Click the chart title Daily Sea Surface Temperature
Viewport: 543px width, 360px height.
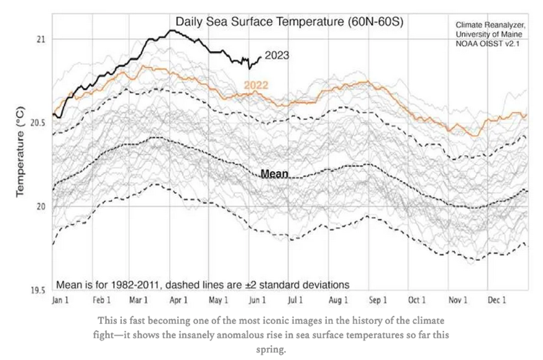pyautogui.click(x=289, y=22)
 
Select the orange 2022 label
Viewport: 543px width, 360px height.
pyautogui.click(x=256, y=85)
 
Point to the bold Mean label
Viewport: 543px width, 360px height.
pyautogui.click(x=274, y=174)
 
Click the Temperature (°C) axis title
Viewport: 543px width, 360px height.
pyautogui.click(x=21, y=150)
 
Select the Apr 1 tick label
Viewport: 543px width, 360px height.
pyautogui.click(x=178, y=300)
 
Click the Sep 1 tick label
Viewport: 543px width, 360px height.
pyautogui.click(x=377, y=300)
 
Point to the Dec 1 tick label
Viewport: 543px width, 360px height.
pyautogui.click(x=496, y=300)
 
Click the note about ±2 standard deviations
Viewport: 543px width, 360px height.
pyautogui.click(x=203, y=285)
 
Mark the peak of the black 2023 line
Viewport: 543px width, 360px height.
pyautogui.click(x=172, y=30)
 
